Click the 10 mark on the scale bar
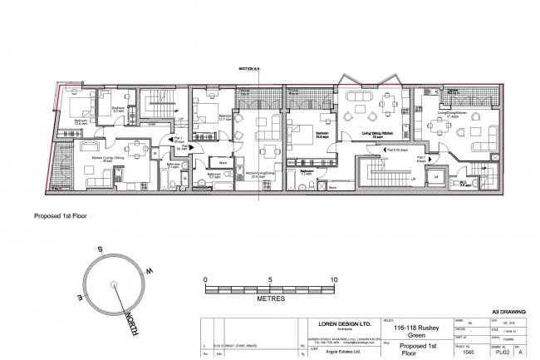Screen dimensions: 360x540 [x=333, y=279]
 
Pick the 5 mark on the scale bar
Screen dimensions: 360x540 [x=269, y=279]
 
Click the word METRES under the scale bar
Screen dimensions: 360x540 [x=270, y=297]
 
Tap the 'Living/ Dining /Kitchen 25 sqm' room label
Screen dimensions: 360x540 [x=374, y=133]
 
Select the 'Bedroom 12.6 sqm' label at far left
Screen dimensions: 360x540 [x=81, y=121]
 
